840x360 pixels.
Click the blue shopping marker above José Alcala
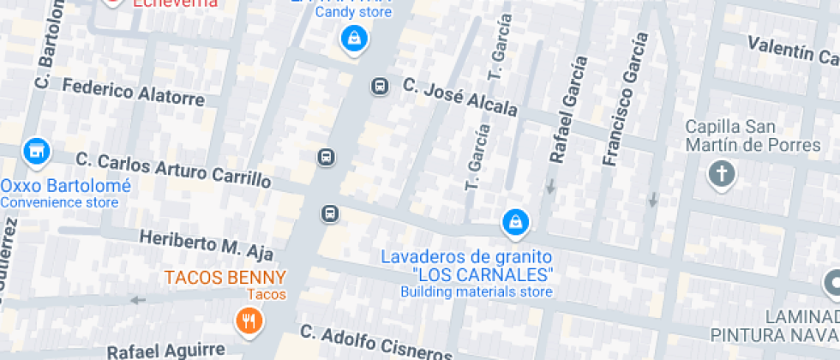tap(352, 39)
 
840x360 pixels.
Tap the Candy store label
tap(353, 13)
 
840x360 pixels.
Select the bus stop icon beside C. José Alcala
tap(379, 86)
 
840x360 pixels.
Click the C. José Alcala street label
tap(460, 97)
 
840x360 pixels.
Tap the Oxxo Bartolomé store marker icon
tap(35, 153)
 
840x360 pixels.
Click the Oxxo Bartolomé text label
tap(66, 186)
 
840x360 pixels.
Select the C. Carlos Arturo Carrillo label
tap(173, 170)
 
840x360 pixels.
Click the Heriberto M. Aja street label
tap(207, 244)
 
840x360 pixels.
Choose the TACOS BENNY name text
tap(225, 278)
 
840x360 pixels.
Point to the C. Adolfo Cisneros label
tap(375, 342)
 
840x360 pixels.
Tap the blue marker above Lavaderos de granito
tap(514, 223)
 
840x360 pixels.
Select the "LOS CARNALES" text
tap(483, 275)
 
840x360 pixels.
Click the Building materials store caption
tap(476, 292)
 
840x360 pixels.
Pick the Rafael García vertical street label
tap(568, 110)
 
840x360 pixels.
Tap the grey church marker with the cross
tap(722, 176)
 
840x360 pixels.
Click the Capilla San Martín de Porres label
tap(753, 136)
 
